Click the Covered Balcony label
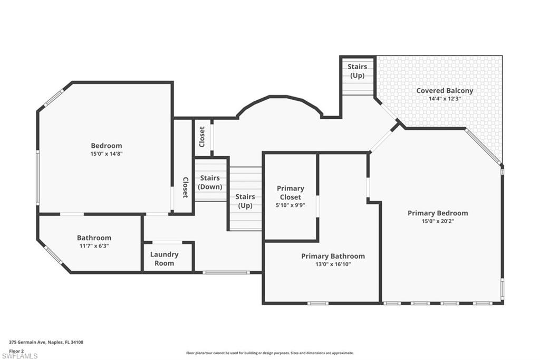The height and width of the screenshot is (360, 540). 445,90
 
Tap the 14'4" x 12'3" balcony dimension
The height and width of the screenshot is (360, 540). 445,99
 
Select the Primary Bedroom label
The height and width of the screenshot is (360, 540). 438,213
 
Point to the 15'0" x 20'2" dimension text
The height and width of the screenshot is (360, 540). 438,221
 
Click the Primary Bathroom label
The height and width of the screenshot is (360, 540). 333,256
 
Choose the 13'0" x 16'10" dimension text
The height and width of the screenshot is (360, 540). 333,264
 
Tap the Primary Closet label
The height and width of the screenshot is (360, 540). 291,193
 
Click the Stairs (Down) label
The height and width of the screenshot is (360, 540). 210,183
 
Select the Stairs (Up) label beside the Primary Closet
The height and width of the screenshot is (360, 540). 245,201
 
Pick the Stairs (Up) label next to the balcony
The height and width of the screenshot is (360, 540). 357,71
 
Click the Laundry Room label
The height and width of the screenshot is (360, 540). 164,259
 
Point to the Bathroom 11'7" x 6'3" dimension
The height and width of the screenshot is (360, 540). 94,246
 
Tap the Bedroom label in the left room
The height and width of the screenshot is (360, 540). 106,146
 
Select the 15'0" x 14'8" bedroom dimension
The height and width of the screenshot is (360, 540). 106,154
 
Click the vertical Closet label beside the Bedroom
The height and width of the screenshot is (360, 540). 185,187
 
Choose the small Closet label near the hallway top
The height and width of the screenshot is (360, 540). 202,137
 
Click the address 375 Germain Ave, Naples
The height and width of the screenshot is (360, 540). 46,342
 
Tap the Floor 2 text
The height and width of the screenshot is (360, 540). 16,350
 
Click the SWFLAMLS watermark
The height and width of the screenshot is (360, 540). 20,356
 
